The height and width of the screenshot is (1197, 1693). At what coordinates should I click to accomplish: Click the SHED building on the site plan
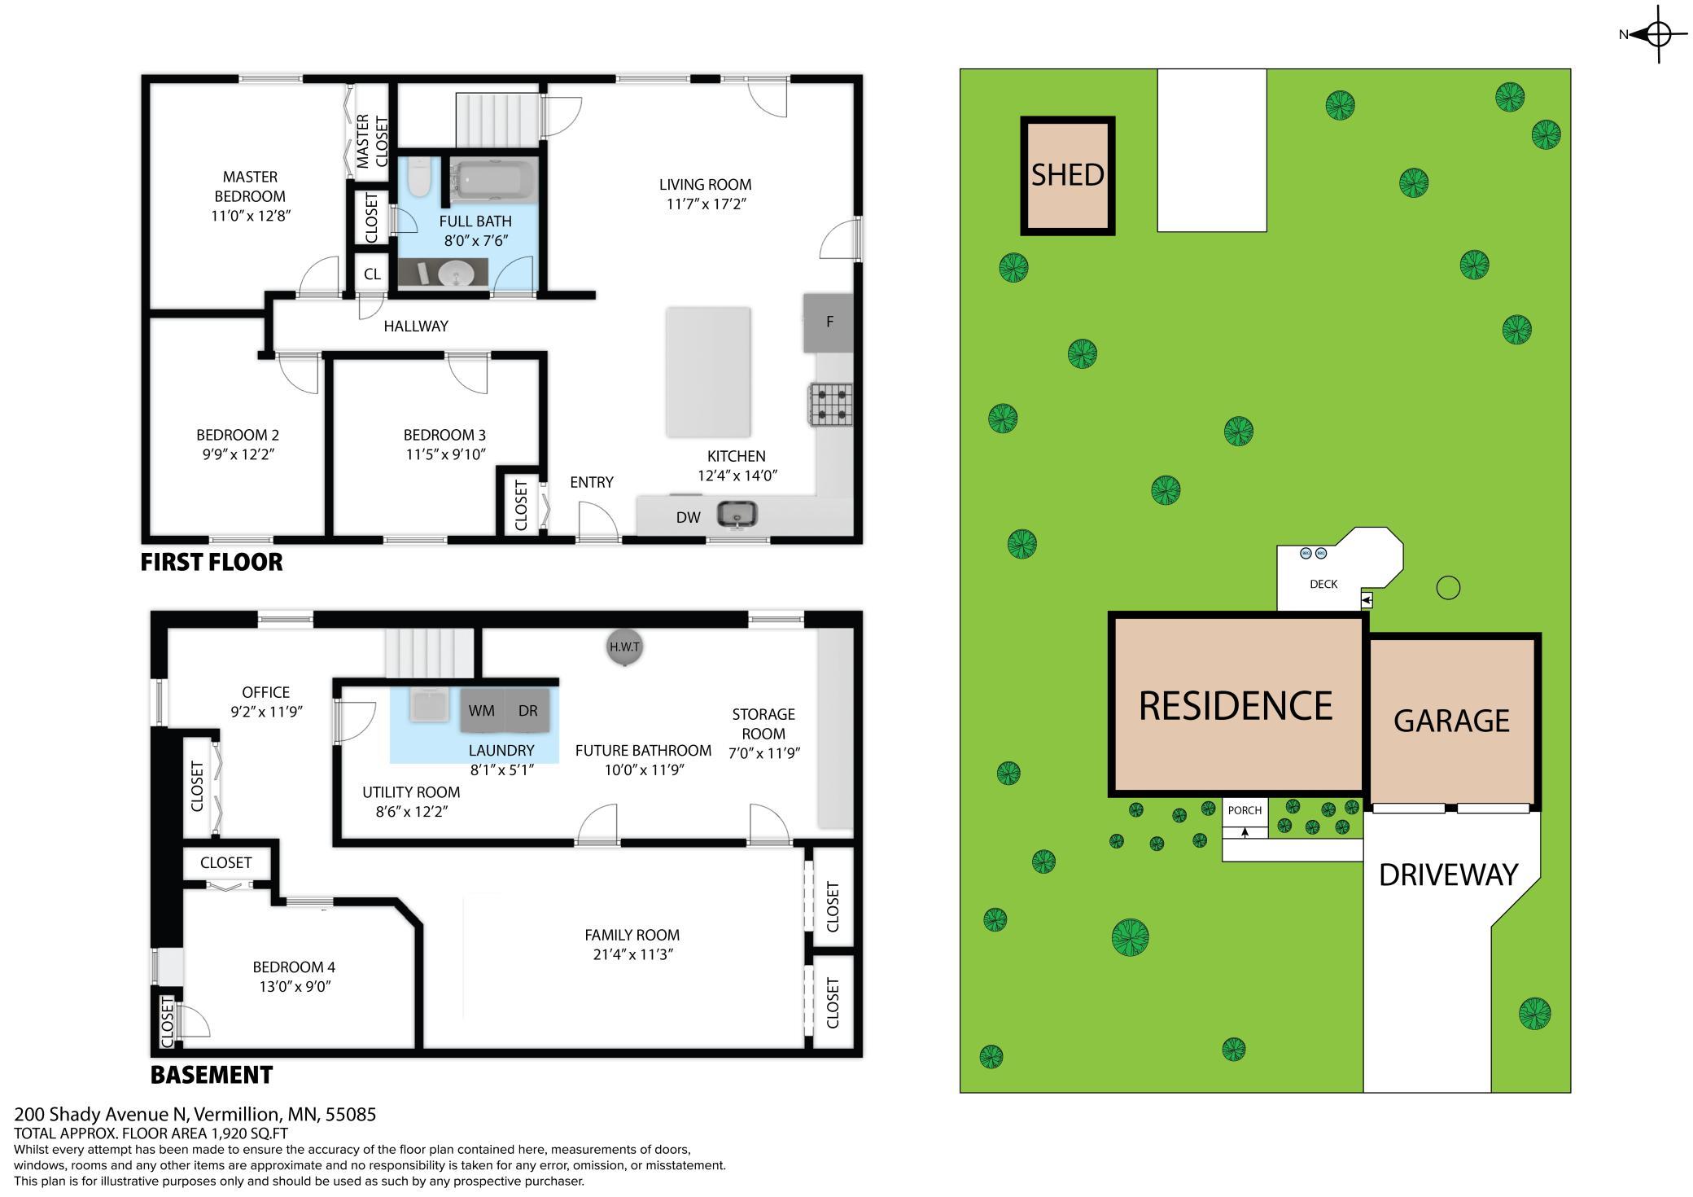(x=1068, y=176)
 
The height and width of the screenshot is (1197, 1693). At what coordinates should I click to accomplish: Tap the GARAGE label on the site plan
(x=1451, y=721)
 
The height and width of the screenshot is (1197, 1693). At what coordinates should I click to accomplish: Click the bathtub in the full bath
(x=493, y=181)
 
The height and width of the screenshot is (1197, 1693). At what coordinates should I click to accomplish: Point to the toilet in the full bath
(x=419, y=178)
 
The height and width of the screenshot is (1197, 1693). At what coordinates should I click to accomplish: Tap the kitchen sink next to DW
(x=737, y=515)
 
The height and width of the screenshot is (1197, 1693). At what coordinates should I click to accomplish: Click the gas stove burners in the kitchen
(x=830, y=405)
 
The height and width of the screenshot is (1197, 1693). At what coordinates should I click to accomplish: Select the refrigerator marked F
(x=829, y=322)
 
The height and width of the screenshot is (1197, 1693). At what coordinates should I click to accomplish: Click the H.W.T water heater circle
(x=625, y=647)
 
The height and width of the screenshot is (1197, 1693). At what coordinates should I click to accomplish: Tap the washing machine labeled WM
(x=482, y=711)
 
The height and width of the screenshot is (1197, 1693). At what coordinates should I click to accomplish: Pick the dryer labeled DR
(x=528, y=711)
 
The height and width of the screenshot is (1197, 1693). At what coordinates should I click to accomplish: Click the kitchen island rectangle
(x=708, y=372)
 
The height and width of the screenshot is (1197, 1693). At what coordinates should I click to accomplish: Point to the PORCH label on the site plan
(x=1245, y=810)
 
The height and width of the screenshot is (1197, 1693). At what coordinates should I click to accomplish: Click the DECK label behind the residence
(x=1323, y=584)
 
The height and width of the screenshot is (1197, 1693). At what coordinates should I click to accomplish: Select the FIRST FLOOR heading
(x=212, y=562)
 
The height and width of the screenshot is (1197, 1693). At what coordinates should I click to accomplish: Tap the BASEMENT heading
(x=212, y=1075)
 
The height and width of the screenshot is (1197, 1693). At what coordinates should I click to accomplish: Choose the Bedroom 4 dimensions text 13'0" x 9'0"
(x=294, y=987)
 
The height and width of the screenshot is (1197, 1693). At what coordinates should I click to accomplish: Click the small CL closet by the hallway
(x=372, y=274)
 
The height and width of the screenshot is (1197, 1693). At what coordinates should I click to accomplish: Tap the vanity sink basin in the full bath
(x=455, y=274)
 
